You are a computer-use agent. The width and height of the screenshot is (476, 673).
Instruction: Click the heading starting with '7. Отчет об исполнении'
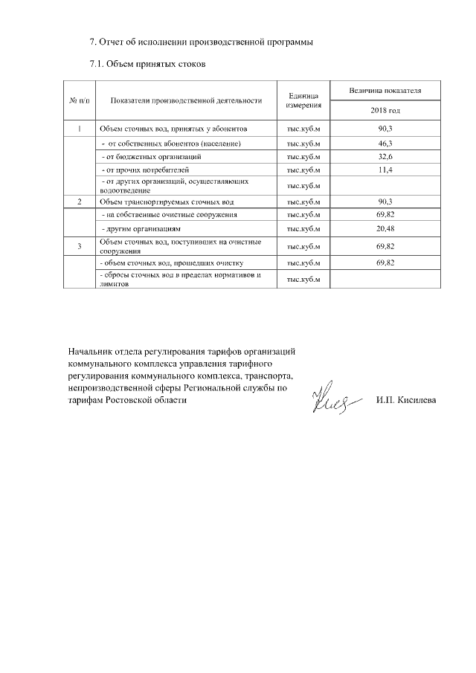point(200,42)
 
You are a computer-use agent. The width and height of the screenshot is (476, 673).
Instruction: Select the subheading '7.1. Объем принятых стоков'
point(147,64)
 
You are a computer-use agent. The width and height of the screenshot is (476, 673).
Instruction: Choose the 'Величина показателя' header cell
point(385,90)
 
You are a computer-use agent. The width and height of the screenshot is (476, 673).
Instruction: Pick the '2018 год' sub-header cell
point(385,111)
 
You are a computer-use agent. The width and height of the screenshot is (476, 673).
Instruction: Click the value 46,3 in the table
point(385,143)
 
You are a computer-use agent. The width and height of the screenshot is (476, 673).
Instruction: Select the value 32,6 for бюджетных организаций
point(385,157)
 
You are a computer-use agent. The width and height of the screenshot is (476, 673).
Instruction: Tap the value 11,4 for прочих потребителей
point(385,170)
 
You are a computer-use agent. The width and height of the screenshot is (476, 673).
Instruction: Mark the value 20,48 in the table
point(385,228)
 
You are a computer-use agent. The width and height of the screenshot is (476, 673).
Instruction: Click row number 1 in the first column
point(80,129)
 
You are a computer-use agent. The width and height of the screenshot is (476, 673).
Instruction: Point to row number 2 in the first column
point(80,202)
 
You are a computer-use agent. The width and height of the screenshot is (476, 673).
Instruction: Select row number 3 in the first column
point(80,245)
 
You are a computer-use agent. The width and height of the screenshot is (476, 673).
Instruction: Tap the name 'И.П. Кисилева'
point(406,400)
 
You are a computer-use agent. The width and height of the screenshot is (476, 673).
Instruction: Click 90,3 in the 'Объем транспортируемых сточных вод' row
point(385,202)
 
